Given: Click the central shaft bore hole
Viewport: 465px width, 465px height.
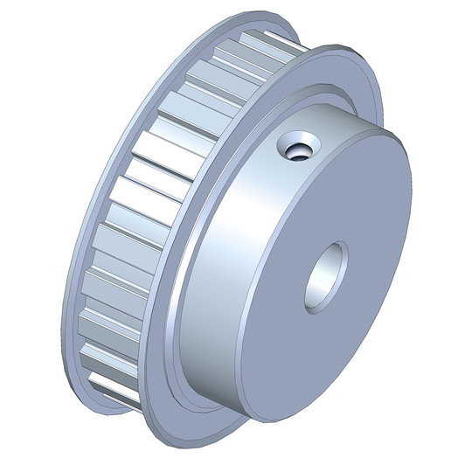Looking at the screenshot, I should pos(326,276).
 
